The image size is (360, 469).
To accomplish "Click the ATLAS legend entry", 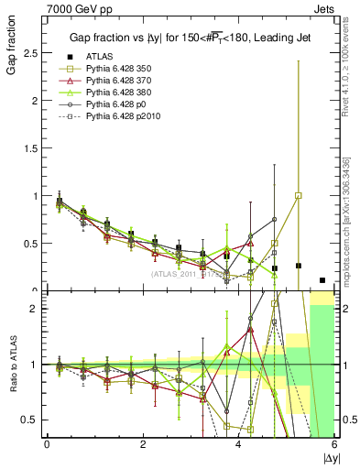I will click(x=97, y=55).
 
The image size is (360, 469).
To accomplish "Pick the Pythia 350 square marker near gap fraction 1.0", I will click(x=299, y=195).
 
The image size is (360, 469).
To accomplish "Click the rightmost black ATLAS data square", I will click(x=322, y=280).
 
